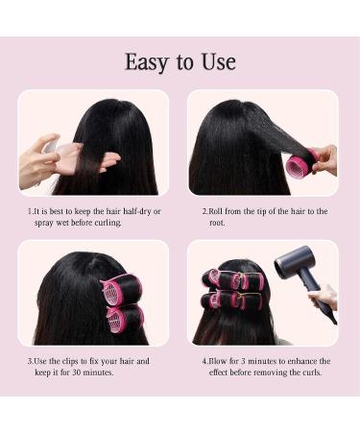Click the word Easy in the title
(145, 62)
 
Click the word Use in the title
(217, 62)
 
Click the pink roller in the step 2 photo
(300, 164)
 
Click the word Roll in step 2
(219, 211)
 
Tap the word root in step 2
(217, 223)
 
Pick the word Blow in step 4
(219, 362)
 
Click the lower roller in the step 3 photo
(124, 316)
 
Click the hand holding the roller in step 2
(324, 157)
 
